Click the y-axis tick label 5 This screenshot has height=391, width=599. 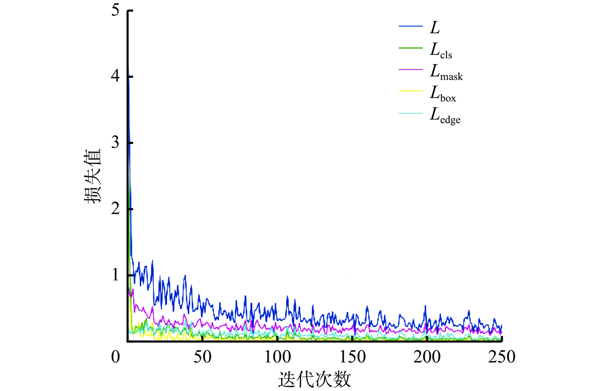coord(115,10)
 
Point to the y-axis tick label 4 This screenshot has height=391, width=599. coord(115,76)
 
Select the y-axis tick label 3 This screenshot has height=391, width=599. coord(115,142)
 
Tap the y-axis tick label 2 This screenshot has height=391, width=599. coord(115,209)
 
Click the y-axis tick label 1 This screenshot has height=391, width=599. coord(115,275)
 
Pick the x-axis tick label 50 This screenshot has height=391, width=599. coord(203,357)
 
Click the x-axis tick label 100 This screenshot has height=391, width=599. coord(278,357)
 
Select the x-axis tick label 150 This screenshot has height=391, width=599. coord(352,357)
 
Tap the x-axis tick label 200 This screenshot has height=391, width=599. coord(427,357)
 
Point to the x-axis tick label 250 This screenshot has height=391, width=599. coord(502,357)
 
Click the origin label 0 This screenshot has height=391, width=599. coord(115,357)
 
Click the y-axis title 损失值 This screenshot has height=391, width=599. coord(92,176)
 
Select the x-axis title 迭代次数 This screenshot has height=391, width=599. coord(314,379)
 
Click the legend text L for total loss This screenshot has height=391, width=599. coord(435,28)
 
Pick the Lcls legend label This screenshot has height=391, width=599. coord(441,50)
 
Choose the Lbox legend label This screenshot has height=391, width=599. coord(443,94)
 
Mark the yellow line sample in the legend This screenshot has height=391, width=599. coord(410,91)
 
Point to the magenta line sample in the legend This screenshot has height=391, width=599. coord(410,69)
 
